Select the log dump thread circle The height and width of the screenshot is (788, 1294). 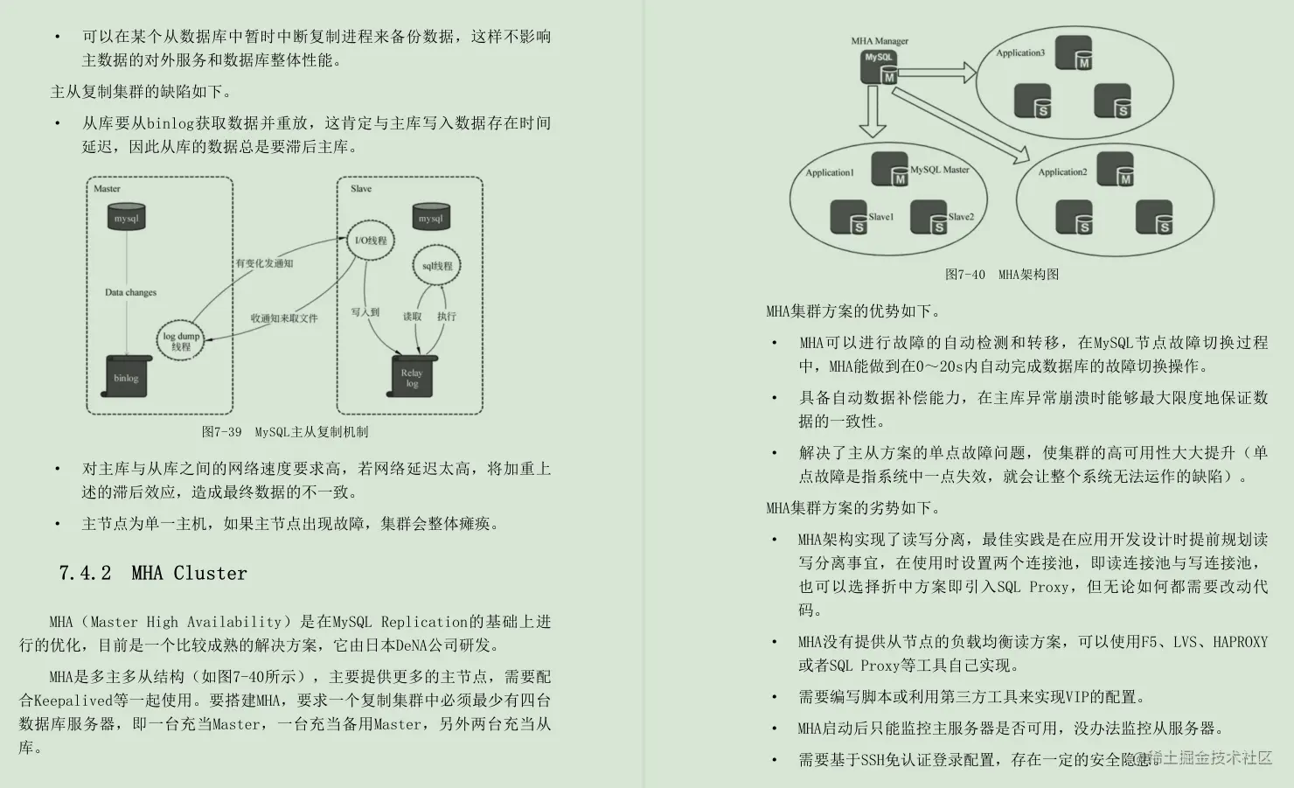point(181,341)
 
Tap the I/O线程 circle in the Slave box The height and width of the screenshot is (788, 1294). point(370,241)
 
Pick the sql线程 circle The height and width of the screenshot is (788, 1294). point(437,266)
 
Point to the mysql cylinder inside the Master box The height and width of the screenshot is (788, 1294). point(127,218)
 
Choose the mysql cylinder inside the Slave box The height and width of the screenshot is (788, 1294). point(430,218)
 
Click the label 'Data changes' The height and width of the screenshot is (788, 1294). point(130,292)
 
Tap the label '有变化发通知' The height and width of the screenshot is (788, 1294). point(264,263)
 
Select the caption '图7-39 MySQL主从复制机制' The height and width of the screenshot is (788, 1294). point(285,431)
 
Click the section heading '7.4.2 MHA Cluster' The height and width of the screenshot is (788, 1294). point(153,573)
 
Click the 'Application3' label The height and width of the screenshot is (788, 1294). point(1019,52)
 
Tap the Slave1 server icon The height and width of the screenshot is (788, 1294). point(848,218)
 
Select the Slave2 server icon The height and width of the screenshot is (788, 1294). point(929,218)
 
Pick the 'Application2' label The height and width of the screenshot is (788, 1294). point(1062,171)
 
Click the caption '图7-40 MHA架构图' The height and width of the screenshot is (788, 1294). point(1001,274)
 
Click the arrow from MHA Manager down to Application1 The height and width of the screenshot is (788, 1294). point(872,113)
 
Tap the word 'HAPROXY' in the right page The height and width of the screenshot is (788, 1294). point(1240,642)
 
